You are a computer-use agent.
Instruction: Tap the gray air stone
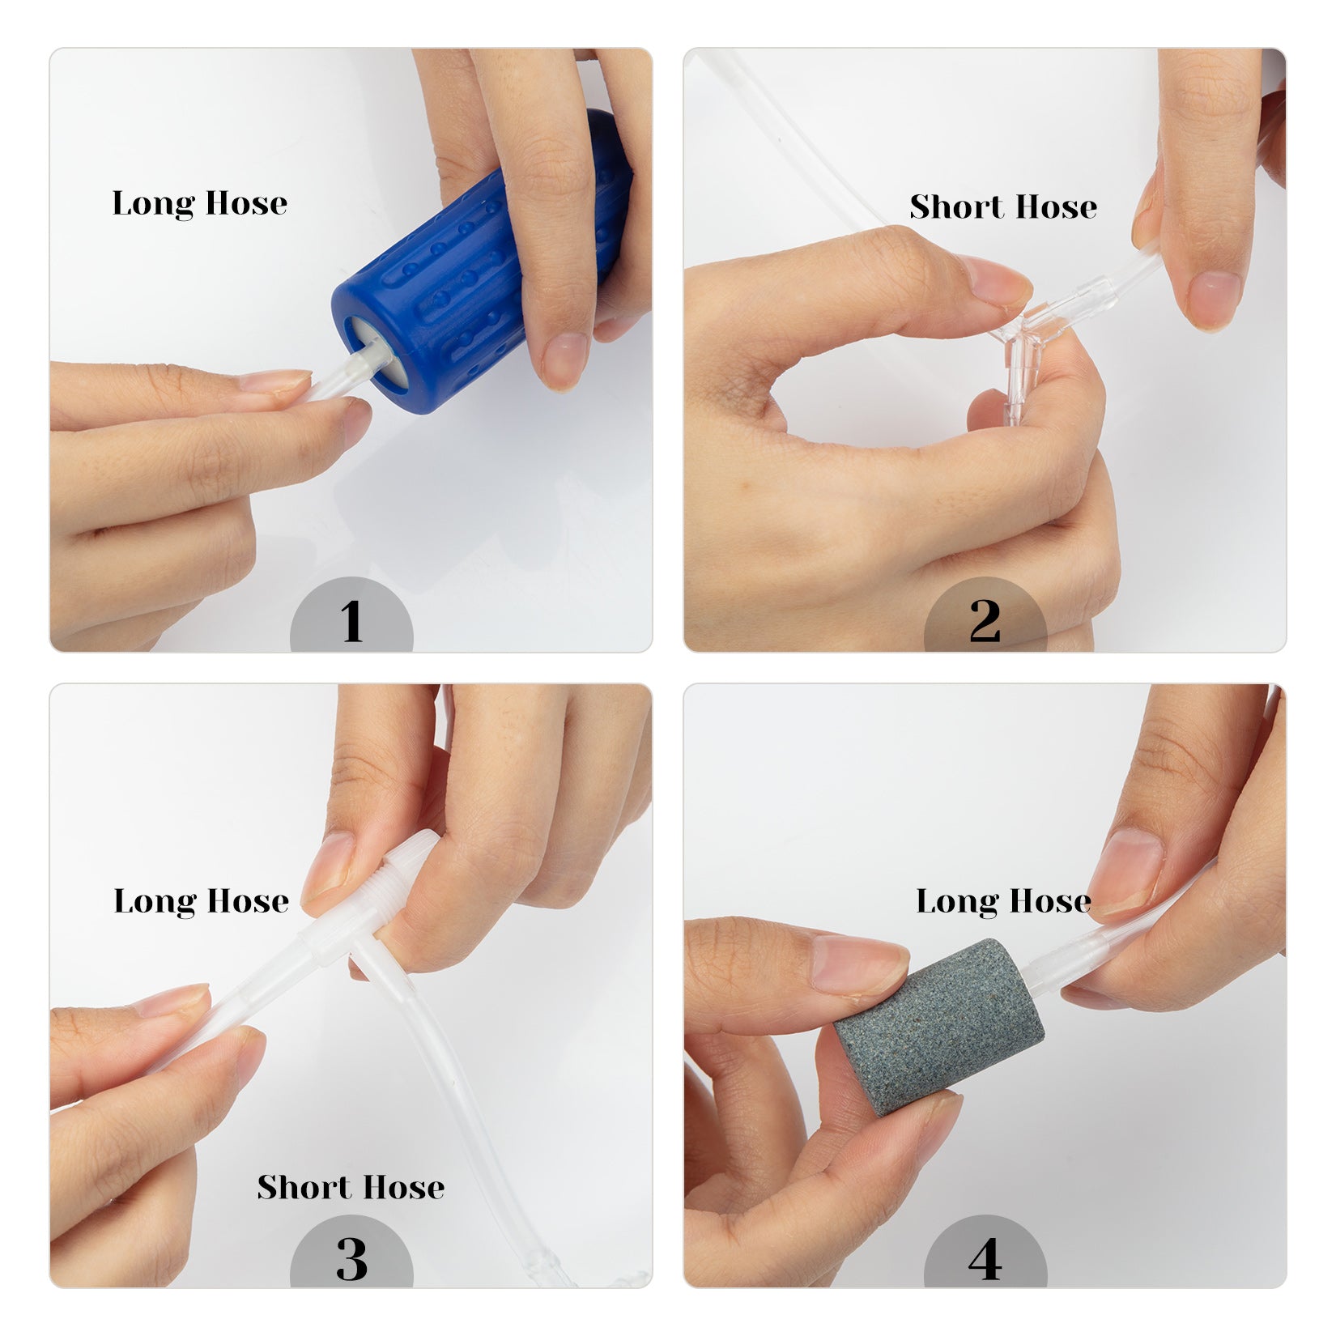click(x=938, y=1027)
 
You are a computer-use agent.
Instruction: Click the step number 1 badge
click(x=351, y=615)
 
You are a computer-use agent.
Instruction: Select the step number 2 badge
click(x=985, y=615)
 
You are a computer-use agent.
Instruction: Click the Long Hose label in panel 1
click(x=200, y=204)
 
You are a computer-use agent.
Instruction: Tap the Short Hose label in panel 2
click(x=1003, y=206)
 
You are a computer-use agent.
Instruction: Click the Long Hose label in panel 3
click(x=201, y=902)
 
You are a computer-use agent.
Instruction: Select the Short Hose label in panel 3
click(x=351, y=1187)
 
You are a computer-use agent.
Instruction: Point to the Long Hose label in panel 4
click(x=1003, y=902)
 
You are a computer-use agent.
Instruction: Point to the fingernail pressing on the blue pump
click(x=565, y=356)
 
